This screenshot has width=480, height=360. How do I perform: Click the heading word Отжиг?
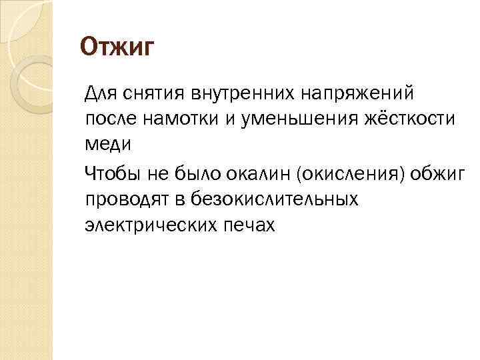click(x=117, y=48)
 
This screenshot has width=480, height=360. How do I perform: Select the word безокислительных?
click(x=274, y=199)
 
